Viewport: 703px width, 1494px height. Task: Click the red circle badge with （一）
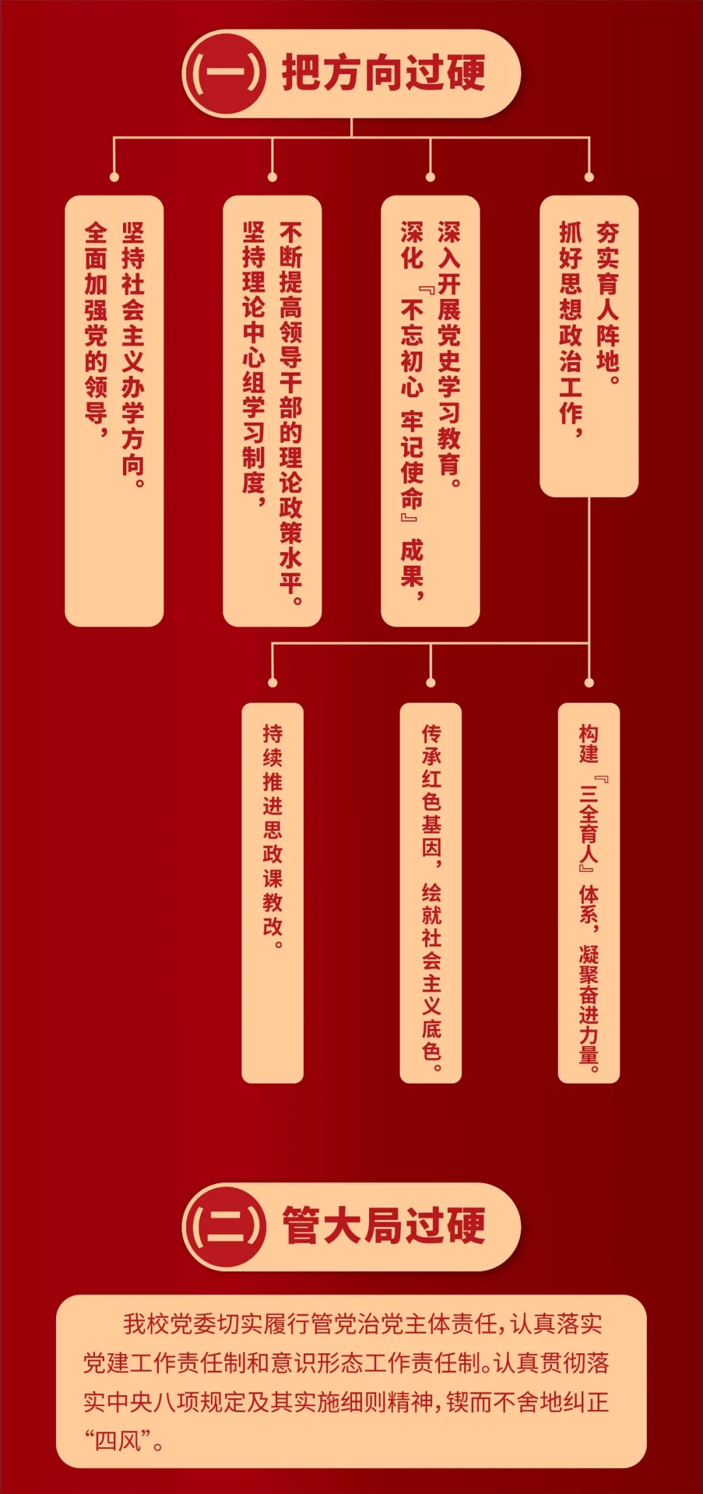[225, 74]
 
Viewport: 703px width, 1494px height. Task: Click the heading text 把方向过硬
[383, 73]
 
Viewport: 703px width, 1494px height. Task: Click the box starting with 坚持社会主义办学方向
[114, 410]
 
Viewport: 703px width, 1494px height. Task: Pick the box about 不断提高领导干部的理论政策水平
[272, 410]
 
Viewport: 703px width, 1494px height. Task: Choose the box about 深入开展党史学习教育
[430, 410]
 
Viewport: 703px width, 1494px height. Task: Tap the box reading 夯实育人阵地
[589, 345]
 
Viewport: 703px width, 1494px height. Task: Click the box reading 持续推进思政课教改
[272, 892]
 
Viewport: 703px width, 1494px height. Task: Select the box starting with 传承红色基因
[430, 892]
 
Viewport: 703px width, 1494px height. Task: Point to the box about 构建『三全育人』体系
[589, 892]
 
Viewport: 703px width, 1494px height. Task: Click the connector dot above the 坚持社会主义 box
[114, 177]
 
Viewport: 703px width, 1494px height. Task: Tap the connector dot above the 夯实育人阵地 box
[589, 177]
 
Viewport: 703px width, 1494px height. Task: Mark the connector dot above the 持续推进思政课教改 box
[272, 683]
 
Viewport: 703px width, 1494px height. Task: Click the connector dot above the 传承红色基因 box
[430, 683]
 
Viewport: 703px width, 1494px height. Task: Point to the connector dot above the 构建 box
[589, 683]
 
